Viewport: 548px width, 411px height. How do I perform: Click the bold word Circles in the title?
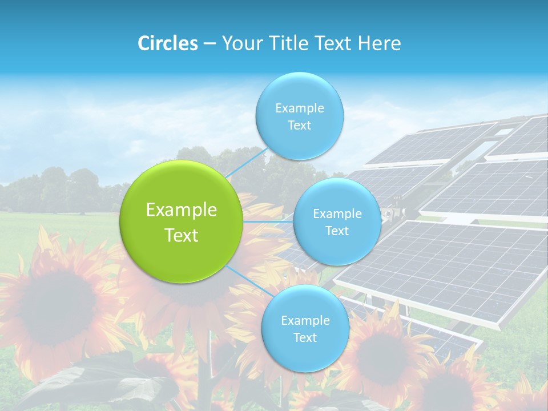pyautogui.click(x=168, y=43)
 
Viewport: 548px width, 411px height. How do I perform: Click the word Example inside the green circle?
pyautogui.click(x=182, y=210)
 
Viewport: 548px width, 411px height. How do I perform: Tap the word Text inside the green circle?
pyautogui.click(x=182, y=235)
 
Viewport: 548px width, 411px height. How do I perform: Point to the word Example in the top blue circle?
pyautogui.click(x=299, y=108)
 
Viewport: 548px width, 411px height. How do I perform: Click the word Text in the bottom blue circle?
pyautogui.click(x=305, y=338)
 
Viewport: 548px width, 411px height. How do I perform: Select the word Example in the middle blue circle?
pyautogui.click(x=337, y=214)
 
